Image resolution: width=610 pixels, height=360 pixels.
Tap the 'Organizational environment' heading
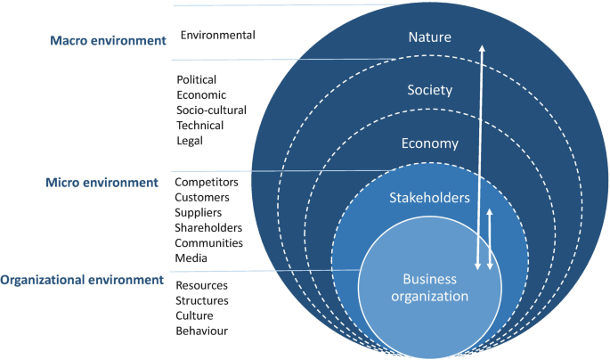[82, 280]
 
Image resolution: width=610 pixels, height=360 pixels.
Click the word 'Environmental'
[217, 36]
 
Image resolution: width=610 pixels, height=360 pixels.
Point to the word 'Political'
[197, 79]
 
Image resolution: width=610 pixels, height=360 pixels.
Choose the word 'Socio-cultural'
[211, 110]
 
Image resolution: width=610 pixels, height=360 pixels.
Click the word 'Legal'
[190, 140]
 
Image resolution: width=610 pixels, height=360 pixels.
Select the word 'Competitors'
[207, 182]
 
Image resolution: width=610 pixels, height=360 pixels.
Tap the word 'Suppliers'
[199, 212]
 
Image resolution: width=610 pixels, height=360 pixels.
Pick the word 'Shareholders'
[208, 227]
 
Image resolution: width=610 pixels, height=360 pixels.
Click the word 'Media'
[191, 258]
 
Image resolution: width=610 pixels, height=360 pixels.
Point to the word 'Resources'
[201, 285]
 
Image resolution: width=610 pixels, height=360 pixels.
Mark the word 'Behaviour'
[201, 331]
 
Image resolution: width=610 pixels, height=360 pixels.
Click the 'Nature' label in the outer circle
[429, 37]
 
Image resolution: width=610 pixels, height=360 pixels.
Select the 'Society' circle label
[429, 90]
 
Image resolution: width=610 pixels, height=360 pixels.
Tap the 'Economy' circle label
[429, 143]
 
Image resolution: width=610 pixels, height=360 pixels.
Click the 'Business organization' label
[429, 288]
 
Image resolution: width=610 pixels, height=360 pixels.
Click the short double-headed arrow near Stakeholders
[490, 238]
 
